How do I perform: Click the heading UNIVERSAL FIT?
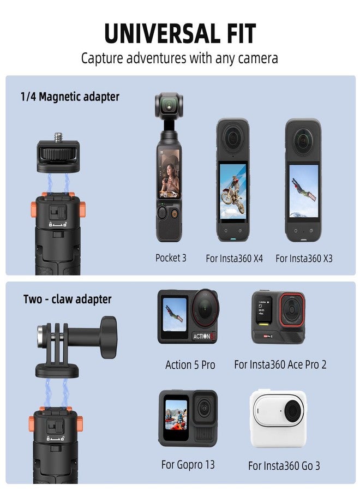[x=180, y=34]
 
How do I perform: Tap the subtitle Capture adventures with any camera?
[x=179, y=58]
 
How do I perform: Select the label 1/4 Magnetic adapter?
[x=70, y=97]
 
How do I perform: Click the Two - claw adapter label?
[x=67, y=299]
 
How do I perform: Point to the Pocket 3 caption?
[x=171, y=258]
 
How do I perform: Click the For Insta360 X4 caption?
[x=234, y=258]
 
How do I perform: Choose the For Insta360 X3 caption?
[x=304, y=258]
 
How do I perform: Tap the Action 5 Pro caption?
[x=190, y=364]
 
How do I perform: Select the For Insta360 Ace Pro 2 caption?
[x=280, y=364]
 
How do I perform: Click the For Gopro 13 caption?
[x=188, y=465]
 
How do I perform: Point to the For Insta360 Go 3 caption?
[x=284, y=465]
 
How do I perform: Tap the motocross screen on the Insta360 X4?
[x=233, y=192]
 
